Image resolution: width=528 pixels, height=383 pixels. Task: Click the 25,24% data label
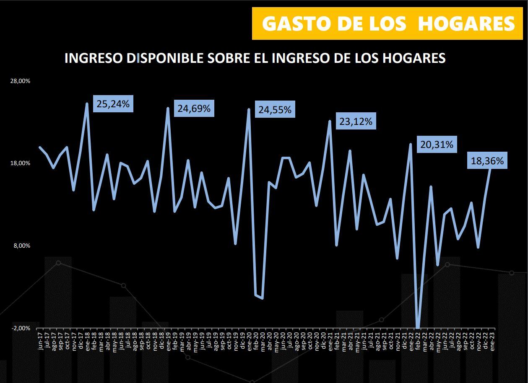[x=113, y=104]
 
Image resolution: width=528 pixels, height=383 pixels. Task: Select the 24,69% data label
[x=194, y=109]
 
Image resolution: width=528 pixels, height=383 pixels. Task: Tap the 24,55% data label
[x=275, y=110]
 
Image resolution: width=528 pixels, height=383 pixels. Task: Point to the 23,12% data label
[x=356, y=122]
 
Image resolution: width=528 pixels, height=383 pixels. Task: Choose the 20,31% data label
[x=437, y=145]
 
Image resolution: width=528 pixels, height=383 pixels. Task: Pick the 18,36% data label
[x=487, y=161]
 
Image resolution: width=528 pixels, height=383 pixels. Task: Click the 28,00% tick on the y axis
[x=20, y=81]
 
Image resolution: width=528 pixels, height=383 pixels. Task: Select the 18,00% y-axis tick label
[x=20, y=163]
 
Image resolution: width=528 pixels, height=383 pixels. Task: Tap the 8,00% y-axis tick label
[x=21, y=246]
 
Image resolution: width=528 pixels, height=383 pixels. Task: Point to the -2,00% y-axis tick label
[x=20, y=328]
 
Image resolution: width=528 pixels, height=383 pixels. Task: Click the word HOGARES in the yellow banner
[x=466, y=24]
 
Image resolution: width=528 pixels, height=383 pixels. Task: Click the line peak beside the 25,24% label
[x=87, y=104]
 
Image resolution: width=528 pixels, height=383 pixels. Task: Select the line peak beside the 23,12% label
[x=330, y=122]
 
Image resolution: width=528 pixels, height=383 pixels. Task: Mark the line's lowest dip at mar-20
[x=263, y=298]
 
